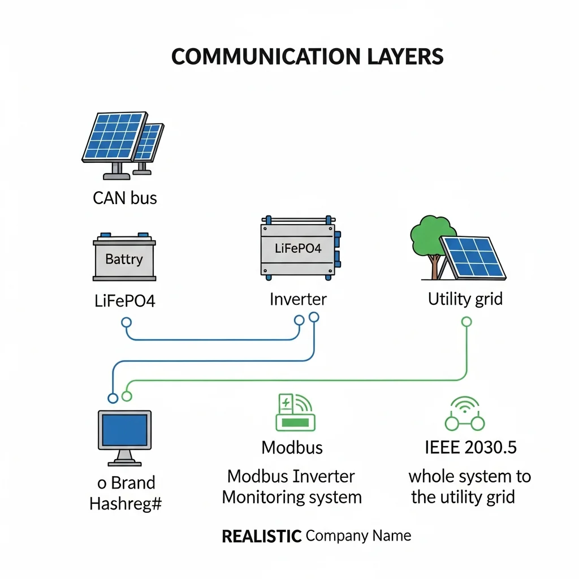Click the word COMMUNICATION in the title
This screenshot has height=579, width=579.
point(264,57)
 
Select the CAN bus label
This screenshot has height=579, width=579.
point(124,198)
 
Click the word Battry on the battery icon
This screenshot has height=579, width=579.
point(124,260)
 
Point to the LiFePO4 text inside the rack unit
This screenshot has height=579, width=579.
point(297,248)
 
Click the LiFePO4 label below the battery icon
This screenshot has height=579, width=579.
point(124,300)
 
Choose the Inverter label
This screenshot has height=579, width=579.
point(298,299)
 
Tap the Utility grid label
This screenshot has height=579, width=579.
point(465,299)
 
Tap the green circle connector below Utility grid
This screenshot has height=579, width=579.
point(466,322)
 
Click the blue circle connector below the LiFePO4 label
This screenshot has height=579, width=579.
point(126,322)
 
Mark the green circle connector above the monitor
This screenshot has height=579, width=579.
point(127,396)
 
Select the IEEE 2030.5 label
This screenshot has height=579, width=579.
point(470,447)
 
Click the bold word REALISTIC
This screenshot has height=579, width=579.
point(261,536)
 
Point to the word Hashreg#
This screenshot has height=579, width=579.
point(126,503)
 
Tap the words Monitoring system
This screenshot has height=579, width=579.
point(291,498)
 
